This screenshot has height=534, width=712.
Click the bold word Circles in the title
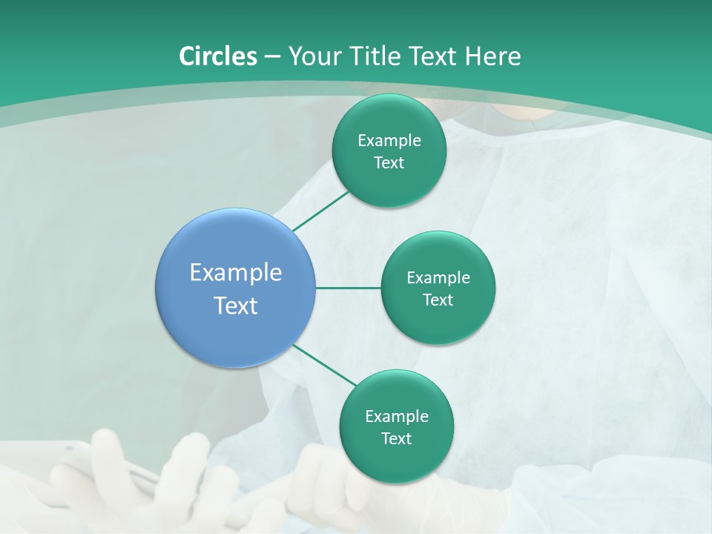click(x=217, y=56)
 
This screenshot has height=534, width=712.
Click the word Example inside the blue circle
click(x=236, y=273)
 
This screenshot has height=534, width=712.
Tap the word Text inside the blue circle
click(x=236, y=306)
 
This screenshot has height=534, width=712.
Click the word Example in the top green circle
click(x=389, y=141)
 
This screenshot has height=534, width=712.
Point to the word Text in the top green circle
click(x=389, y=163)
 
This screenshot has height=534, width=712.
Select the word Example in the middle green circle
click(x=438, y=278)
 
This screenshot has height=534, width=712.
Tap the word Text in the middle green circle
click(x=438, y=300)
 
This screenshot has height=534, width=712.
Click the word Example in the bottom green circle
click(x=396, y=417)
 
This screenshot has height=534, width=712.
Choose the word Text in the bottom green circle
click(x=396, y=439)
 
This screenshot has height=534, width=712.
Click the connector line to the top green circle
click(x=322, y=211)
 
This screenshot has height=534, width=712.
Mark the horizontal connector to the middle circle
click(x=349, y=288)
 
